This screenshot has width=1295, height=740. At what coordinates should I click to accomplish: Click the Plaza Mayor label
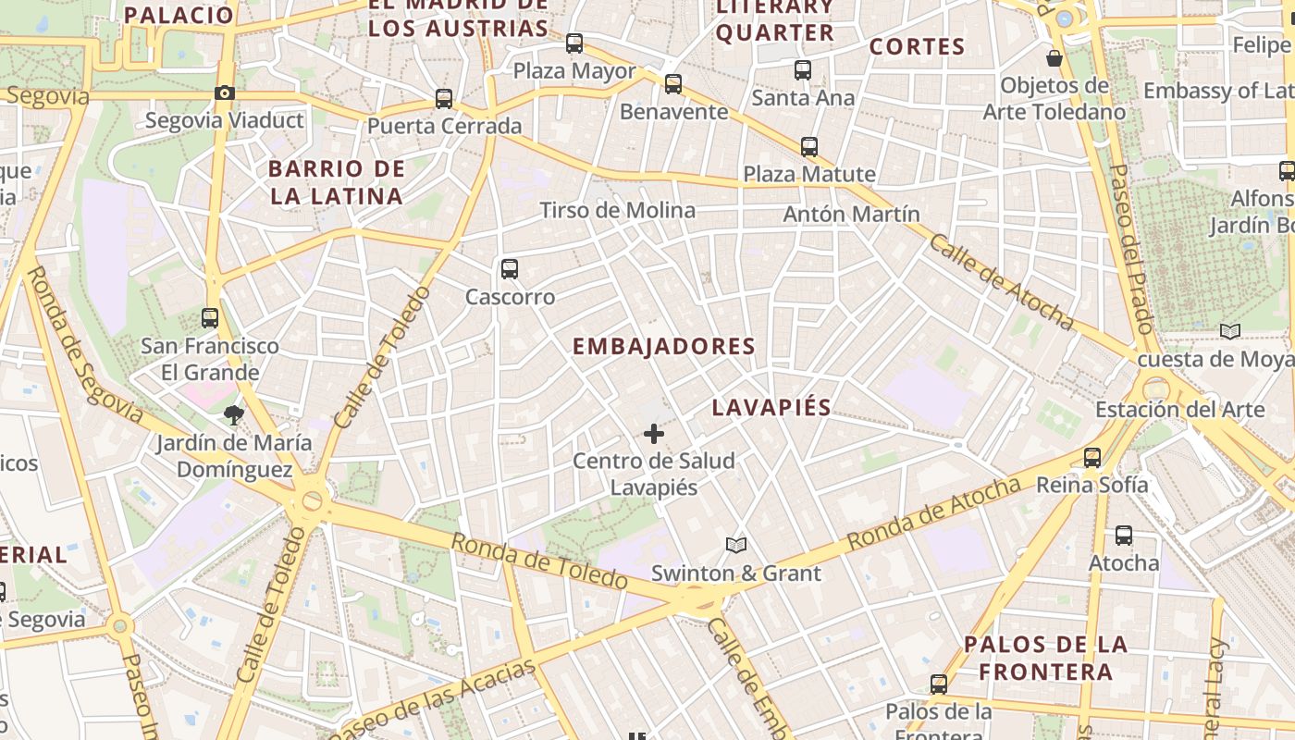tap(573, 71)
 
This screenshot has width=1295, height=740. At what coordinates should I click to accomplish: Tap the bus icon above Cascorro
tap(510, 269)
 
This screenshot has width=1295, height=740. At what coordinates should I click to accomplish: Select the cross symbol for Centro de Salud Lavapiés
tap(654, 433)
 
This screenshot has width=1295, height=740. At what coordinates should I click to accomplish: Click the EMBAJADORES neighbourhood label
tap(664, 347)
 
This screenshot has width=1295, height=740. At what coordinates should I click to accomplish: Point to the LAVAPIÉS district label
tap(771, 408)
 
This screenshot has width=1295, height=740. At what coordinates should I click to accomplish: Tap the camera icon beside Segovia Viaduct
tap(224, 92)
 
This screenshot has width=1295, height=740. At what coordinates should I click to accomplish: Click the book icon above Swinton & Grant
tap(736, 545)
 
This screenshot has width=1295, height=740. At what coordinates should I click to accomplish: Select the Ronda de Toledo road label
tap(539, 561)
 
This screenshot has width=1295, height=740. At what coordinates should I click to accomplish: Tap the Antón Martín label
tap(851, 215)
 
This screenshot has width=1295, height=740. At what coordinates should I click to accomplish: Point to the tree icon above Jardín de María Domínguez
tap(233, 415)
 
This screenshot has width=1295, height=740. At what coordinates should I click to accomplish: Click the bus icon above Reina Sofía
tap(1092, 457)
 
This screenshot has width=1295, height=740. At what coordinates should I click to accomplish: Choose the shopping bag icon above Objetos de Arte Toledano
tap(1054, 58)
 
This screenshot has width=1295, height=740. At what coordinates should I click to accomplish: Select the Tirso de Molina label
tap(617, 210)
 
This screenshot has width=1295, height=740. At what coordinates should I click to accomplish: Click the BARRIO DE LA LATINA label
tap(336, 182)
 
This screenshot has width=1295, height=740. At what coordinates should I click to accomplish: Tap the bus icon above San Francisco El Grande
tap(210, 318)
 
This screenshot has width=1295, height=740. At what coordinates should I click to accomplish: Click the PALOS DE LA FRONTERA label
tap(1045, 658)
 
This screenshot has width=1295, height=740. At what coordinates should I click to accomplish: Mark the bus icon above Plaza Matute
tap(809, 146)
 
